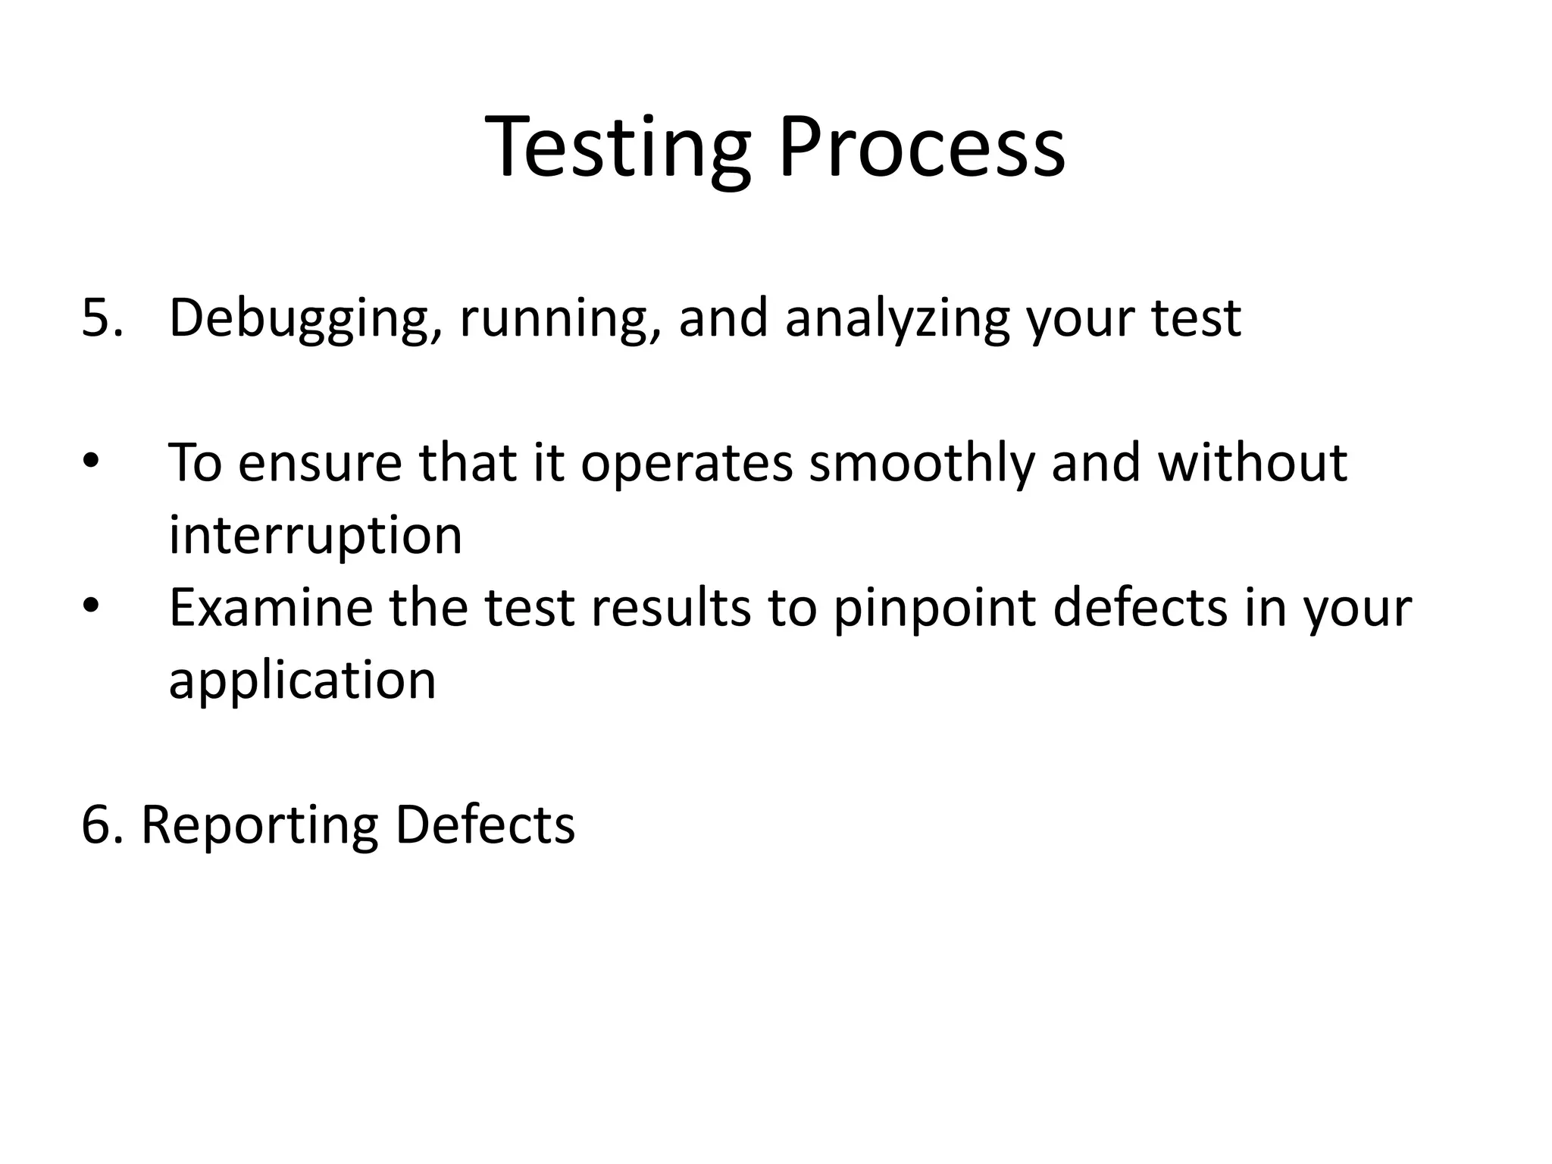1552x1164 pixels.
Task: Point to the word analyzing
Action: click(896, 318)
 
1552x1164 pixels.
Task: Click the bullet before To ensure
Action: click(91, 462)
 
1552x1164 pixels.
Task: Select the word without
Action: click(1252, 462)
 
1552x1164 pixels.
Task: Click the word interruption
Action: click(315, 535)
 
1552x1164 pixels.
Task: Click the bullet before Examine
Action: click(91, 607)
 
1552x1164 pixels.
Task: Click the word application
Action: click(302, 681)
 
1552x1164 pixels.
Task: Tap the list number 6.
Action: click(99, 824)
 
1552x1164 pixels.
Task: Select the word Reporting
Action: click(259, 826)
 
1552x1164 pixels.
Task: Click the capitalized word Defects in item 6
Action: click(485, 824)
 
